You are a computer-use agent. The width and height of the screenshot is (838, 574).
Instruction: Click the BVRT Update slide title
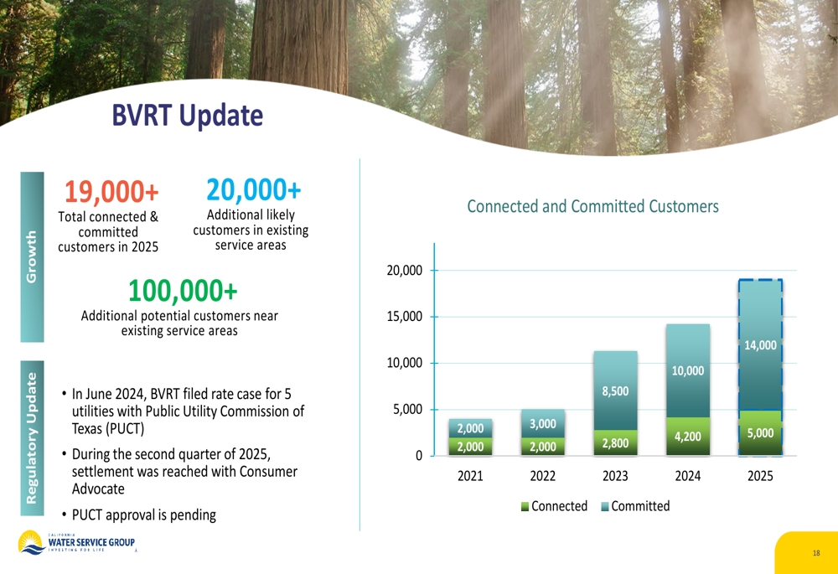187,116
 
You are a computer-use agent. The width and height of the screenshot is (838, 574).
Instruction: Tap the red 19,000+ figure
111,191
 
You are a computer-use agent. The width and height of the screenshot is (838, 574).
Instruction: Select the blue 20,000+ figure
253,189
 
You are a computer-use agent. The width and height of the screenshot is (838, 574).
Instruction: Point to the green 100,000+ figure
183,290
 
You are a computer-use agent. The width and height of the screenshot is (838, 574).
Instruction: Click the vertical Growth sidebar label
32,256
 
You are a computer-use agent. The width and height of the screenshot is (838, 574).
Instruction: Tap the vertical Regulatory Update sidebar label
32,438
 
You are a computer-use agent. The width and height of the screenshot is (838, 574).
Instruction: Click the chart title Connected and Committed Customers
592,206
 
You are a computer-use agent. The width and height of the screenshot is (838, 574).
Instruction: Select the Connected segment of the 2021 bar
470,447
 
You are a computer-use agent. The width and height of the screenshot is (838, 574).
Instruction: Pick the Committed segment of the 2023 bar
615,390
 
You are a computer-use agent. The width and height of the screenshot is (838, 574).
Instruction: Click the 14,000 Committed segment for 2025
761,344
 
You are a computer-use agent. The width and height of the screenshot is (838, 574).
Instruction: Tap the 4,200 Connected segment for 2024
688,436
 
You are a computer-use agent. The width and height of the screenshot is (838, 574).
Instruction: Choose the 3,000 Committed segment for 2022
543,423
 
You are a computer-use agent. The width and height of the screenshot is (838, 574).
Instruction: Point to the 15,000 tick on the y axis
405,317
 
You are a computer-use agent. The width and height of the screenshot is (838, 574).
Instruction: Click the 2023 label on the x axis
615,476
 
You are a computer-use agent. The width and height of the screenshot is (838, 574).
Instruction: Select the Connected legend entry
554,506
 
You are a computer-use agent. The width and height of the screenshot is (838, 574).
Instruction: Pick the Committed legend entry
635,506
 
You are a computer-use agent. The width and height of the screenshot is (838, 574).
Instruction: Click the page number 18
816,553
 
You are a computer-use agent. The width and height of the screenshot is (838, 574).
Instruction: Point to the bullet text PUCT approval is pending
144,515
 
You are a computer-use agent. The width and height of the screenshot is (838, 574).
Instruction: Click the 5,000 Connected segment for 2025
761,433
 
